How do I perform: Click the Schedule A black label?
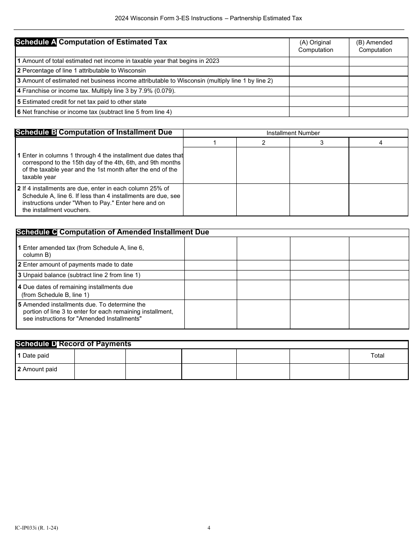click(36, 42)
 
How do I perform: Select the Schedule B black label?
click(36, 132)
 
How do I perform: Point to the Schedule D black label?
click(36, 344)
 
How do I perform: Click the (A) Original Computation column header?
click(315, 46)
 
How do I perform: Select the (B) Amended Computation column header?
click(374, 46)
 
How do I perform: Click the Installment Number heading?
click(293, 133)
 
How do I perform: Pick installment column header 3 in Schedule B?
click(322, 143)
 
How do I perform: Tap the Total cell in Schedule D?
click(378, 355)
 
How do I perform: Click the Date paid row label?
click(33, 355)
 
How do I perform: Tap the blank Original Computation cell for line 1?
click(319, 61)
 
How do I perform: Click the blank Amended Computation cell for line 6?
click(378, 112)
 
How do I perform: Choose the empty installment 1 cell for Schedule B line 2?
click(209, 200)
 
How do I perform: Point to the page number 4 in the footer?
click(209, 528)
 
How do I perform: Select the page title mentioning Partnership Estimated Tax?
click(209, 18)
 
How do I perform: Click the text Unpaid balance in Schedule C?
click(42, 275)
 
